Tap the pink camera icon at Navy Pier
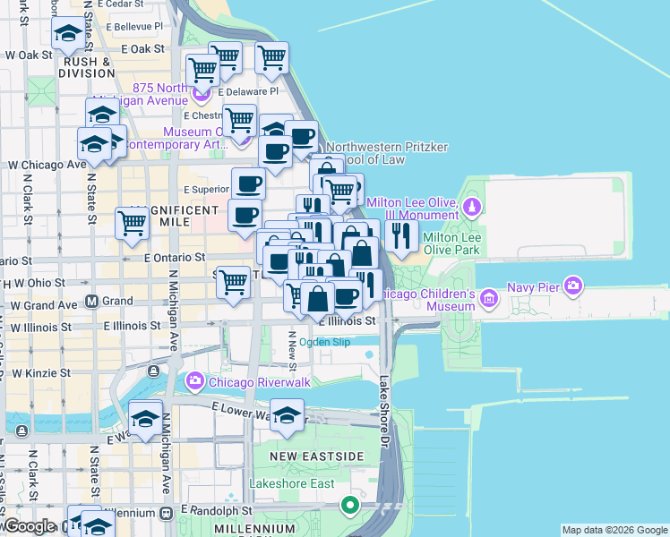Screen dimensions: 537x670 (x=573, y=286)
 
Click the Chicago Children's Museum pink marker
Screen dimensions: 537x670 (x=489, y=296)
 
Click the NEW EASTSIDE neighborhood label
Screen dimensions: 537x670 (x=318, y=456)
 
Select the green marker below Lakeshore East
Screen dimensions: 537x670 (x=350, y=507)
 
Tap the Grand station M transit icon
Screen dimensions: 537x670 (x=90, y=301)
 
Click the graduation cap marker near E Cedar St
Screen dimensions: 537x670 (x=68, y=35)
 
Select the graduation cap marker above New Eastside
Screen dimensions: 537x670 (x=287, y=416)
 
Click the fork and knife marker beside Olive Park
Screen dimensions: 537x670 (x=400, y=234)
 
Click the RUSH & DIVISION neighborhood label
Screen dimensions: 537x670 (x=87, y=68)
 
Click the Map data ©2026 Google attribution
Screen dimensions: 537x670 (x=614, y=530)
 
